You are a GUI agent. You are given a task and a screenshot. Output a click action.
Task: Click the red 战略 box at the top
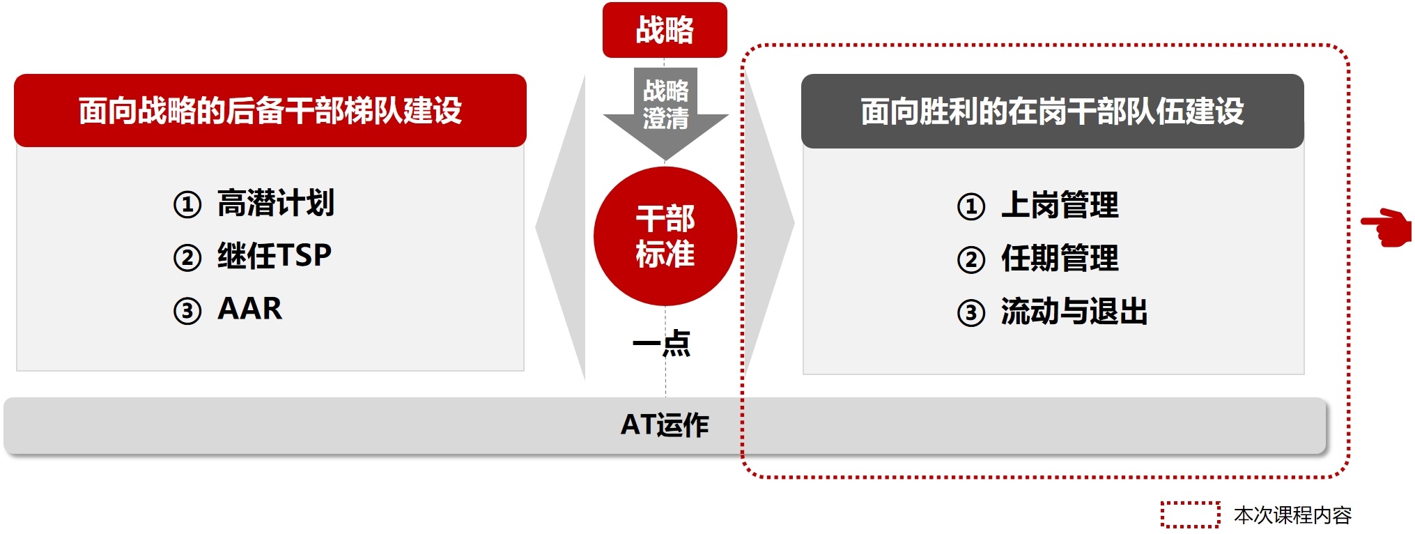[x=664, y=30]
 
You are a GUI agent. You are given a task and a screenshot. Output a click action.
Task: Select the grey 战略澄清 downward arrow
[x=665, y=105]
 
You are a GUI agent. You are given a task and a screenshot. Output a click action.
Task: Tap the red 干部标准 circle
[x=665, y=236]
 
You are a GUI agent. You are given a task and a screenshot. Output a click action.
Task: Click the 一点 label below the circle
[x=661, y=343]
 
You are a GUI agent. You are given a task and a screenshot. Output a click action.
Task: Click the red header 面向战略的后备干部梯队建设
[x=270, y=111]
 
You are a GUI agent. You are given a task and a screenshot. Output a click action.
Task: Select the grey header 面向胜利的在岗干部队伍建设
[x=1052, y=112]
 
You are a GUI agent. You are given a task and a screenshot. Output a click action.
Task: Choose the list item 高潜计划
[x=276, y=204]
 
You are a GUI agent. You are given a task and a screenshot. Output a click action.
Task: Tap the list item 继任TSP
[x=275, y=256]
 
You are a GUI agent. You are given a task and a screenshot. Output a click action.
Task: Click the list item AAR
[x=250, y=309]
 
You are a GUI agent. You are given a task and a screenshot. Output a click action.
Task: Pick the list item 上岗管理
[x=1060, y=206]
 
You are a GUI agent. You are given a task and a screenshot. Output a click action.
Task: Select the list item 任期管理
[x=1060, y=259]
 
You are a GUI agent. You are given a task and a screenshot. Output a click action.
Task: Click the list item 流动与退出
[x=1074, y=312]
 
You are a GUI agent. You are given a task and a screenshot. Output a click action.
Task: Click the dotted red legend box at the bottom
[x=1190, y=514]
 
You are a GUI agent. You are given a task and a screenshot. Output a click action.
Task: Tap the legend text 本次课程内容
[x=1292, y=515]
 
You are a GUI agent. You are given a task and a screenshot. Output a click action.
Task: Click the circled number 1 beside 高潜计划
[x=187, y=205]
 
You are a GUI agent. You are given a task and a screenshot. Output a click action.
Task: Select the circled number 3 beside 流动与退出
[x=971, y=313]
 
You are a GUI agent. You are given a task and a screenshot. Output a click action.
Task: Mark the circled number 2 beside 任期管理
[x=971, y=260]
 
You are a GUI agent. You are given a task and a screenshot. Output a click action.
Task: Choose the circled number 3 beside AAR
[x=187, y=311]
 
